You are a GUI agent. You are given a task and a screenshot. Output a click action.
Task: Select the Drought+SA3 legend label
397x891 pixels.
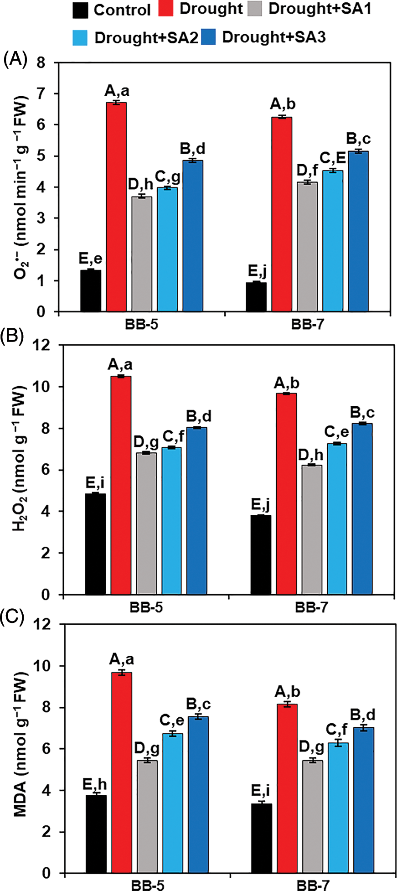click(273, 37)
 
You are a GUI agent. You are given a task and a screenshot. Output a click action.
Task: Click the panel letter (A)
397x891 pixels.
click(15, 60)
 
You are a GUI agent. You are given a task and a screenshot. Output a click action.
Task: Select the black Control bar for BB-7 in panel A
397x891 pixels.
click(256, 297)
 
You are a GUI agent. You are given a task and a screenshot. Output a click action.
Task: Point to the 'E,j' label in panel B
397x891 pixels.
click(260, 504)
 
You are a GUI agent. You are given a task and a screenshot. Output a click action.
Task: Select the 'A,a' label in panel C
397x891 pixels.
click(121, 659)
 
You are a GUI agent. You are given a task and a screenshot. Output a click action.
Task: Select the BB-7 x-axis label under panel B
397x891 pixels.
click(311, 608)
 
